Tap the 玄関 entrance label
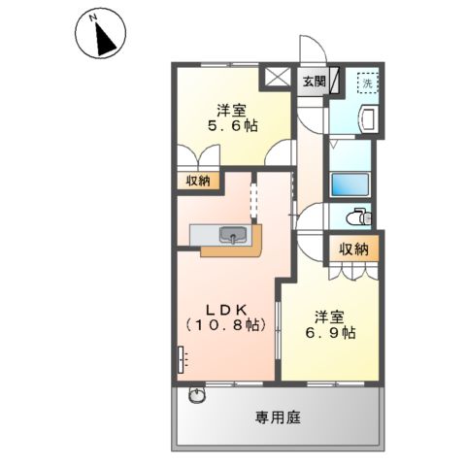(x=312, y=82)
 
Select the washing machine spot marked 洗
(x=368, y=84)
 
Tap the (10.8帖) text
(x=224, y=326)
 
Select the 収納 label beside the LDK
(x=198, y=180)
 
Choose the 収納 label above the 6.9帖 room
(x=354, y=250)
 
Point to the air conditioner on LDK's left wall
(x=181, y=360)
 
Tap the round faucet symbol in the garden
(x=197, y=395)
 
